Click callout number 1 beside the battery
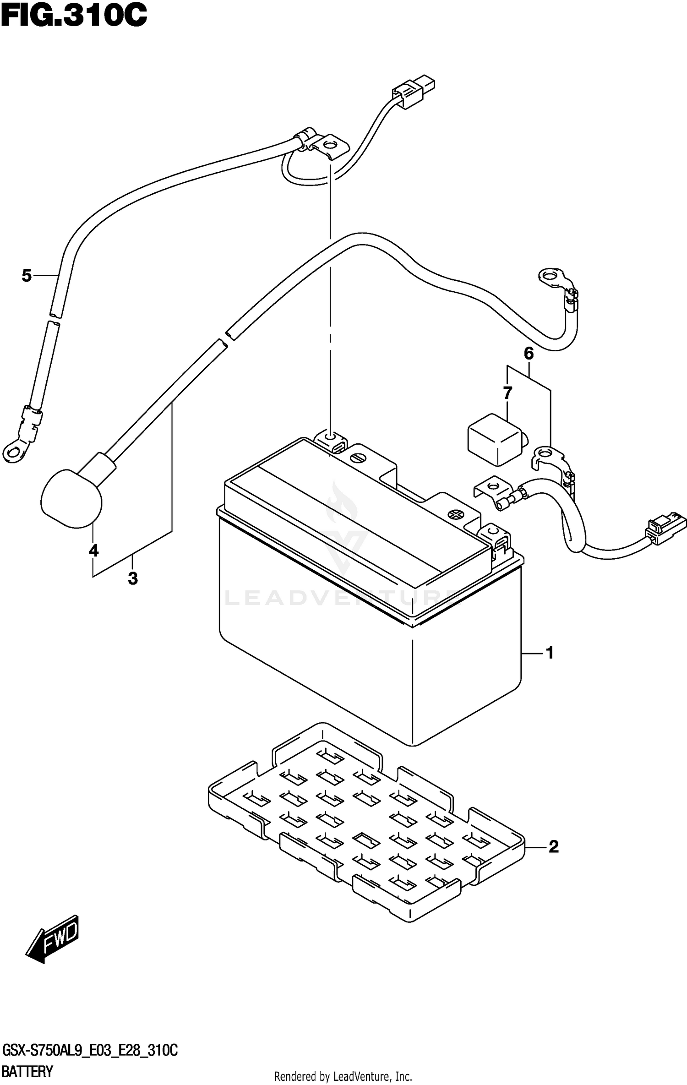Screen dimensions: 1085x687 [x=550, y=653]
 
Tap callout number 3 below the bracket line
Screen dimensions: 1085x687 [x=133, y=578]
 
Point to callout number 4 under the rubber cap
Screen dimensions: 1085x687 [x=93, y=550]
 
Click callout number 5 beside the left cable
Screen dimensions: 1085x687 [x=27, y=275]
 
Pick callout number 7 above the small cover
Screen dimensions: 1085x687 [x=507, y=393]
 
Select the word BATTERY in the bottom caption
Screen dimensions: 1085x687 [x=27, y=1072]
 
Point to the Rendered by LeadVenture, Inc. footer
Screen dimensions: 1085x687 [x=343, y=1076]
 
